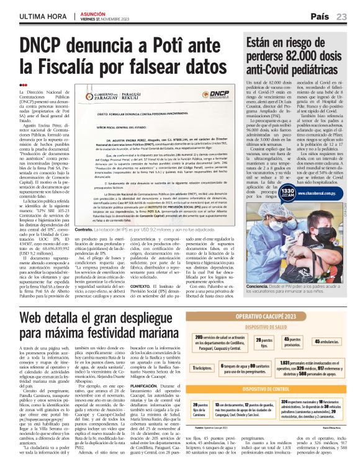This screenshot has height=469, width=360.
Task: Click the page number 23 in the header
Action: coord(342,17)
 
